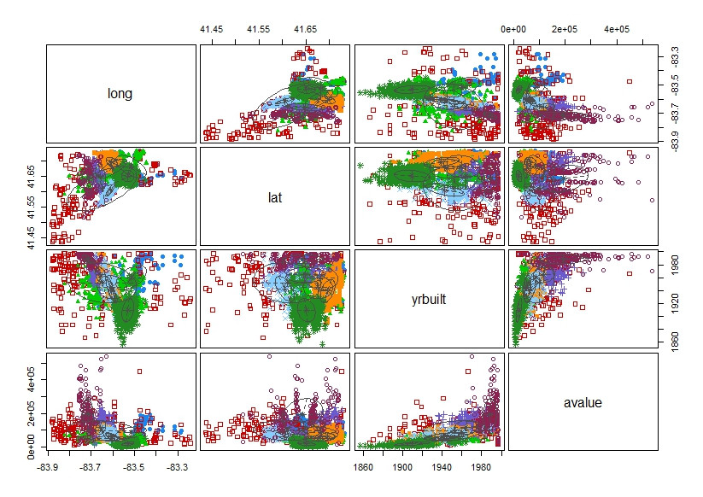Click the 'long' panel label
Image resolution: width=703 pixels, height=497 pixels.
point(120,93)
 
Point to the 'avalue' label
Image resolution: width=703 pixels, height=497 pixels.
point(583,402)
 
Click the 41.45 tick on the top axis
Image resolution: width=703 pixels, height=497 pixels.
point(212,29)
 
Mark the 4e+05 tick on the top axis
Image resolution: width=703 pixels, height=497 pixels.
point(617,29)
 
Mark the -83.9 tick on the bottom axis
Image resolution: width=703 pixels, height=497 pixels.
point(49,467)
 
